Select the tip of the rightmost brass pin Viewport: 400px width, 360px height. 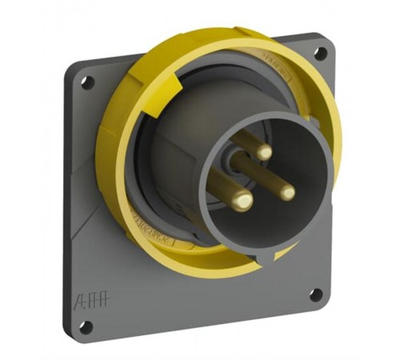coord(286,191)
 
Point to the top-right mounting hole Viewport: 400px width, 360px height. coord(320,54)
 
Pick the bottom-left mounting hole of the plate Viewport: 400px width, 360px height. coord(85,325)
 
